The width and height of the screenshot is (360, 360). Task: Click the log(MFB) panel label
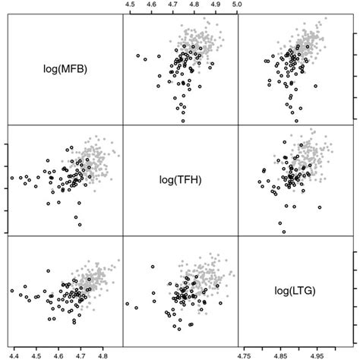pos(65,69)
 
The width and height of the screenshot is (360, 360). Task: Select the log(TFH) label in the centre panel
pos(180,180)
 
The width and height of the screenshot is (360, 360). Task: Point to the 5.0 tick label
pos(237,5)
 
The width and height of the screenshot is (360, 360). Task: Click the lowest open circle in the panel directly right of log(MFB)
pos(183,120)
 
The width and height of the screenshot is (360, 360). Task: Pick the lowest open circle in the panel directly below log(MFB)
pos(77,224)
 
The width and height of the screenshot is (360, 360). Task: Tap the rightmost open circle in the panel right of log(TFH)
pos(320,206)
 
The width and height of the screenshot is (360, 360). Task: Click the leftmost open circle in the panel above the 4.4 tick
pos(11,291)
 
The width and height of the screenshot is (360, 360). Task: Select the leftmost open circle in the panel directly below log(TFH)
pos(127,304)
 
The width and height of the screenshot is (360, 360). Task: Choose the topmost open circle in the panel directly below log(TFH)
pos(153,267)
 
